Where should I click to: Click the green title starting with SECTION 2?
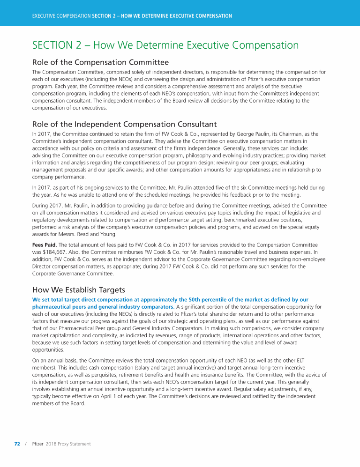click(x=165, y=45)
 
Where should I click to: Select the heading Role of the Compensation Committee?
click(x=100, y=62)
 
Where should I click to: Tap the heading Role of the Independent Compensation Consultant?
click(x=124, y=124)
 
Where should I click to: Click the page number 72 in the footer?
click(x=17, y=444)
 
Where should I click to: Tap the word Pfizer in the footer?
click(x=37, y=444)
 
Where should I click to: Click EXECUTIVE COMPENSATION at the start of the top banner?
click(x=61, y=16)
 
